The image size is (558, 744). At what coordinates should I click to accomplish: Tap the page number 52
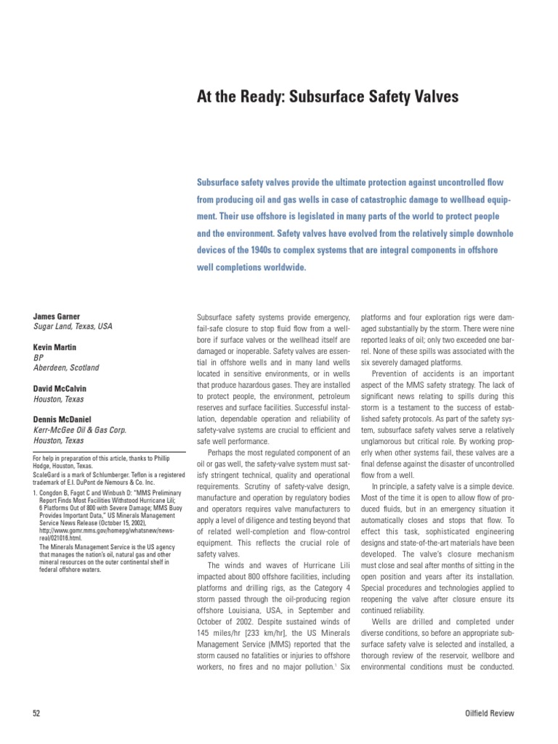point(37,713)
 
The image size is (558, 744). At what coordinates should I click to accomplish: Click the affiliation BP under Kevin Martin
point(39,358)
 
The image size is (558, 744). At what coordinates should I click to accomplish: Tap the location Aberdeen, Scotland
point(66,368)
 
